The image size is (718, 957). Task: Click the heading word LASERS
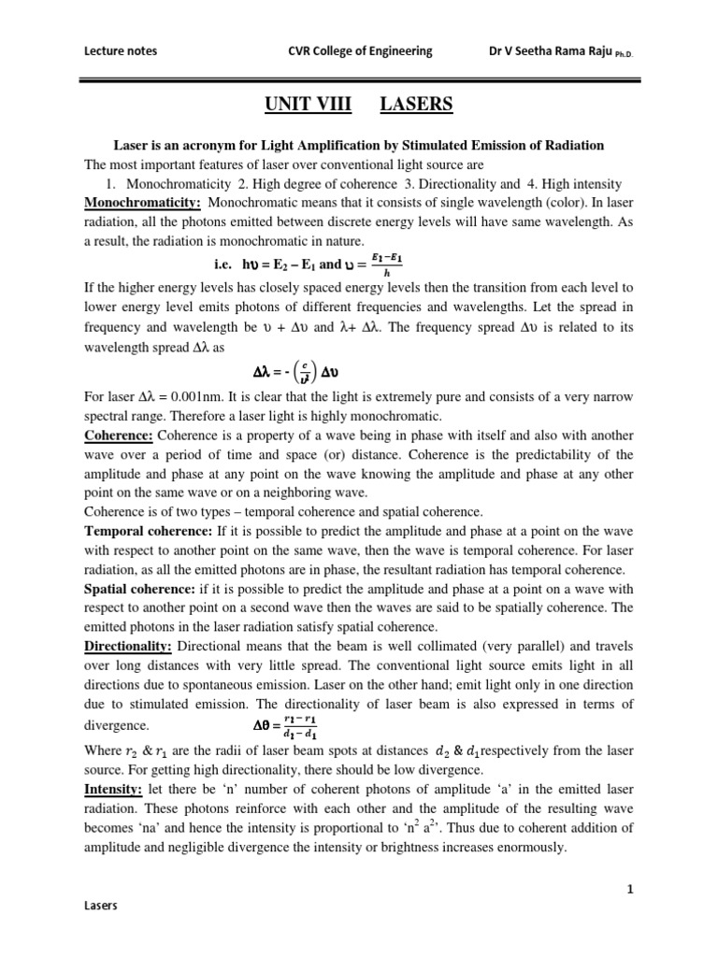click(416, 106)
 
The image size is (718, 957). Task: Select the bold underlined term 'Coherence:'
click(119, 436)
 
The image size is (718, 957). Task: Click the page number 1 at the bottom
click(631, 889)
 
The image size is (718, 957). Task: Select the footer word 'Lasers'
click(101, 932)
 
